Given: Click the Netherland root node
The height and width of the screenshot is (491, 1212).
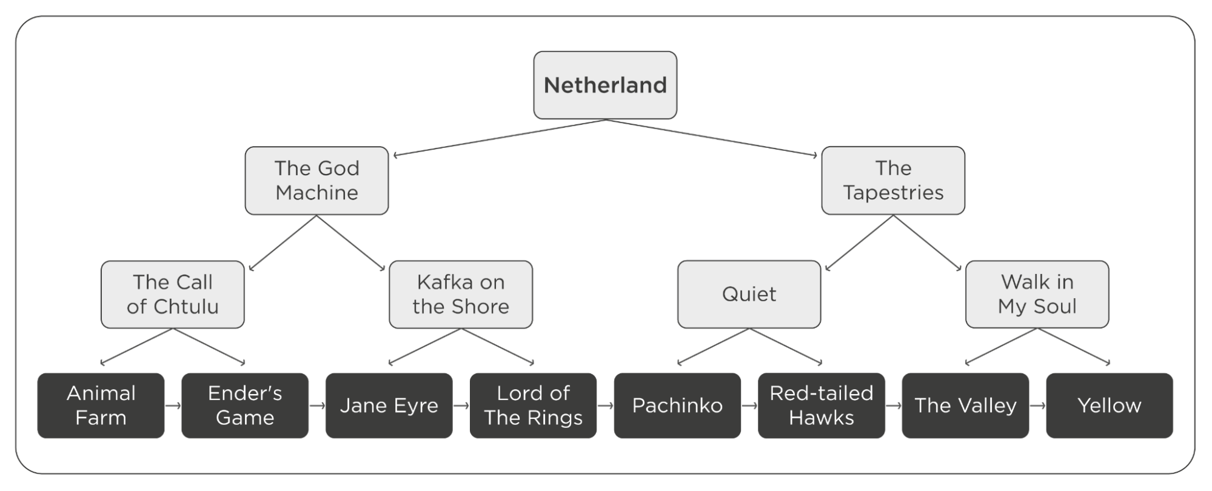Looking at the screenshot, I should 605,85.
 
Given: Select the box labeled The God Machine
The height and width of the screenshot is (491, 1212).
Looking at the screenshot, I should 316,180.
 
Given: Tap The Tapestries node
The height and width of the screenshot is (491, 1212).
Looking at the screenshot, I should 893,180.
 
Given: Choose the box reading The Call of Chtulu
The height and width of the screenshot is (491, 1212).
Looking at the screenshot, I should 173,295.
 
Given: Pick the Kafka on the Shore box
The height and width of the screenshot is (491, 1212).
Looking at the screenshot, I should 461,295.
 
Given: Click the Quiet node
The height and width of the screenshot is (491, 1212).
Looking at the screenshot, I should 749,295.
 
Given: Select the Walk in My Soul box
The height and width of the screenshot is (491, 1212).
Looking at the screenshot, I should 1037,295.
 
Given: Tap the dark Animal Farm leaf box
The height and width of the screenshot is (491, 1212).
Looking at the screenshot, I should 101,406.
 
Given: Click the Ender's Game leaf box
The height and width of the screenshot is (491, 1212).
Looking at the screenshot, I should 245,406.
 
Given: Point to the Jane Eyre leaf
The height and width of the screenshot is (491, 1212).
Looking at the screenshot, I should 389,406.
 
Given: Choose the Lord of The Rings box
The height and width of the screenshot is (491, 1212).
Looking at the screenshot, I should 533,406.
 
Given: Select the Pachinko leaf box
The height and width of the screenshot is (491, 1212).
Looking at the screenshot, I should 677,406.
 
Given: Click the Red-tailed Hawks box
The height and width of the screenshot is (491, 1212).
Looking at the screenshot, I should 822,406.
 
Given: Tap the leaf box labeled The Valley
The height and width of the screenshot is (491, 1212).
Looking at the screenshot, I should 965,406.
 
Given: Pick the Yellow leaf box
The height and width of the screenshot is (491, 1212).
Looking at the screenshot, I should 1110,406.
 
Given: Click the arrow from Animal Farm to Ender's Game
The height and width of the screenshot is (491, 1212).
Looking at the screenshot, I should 173,406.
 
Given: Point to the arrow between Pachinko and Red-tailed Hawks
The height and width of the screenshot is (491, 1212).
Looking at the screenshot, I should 749,406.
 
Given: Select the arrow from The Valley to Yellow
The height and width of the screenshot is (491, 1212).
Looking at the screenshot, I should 1037,406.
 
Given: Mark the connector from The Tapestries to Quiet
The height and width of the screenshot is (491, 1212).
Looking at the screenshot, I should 859,242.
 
